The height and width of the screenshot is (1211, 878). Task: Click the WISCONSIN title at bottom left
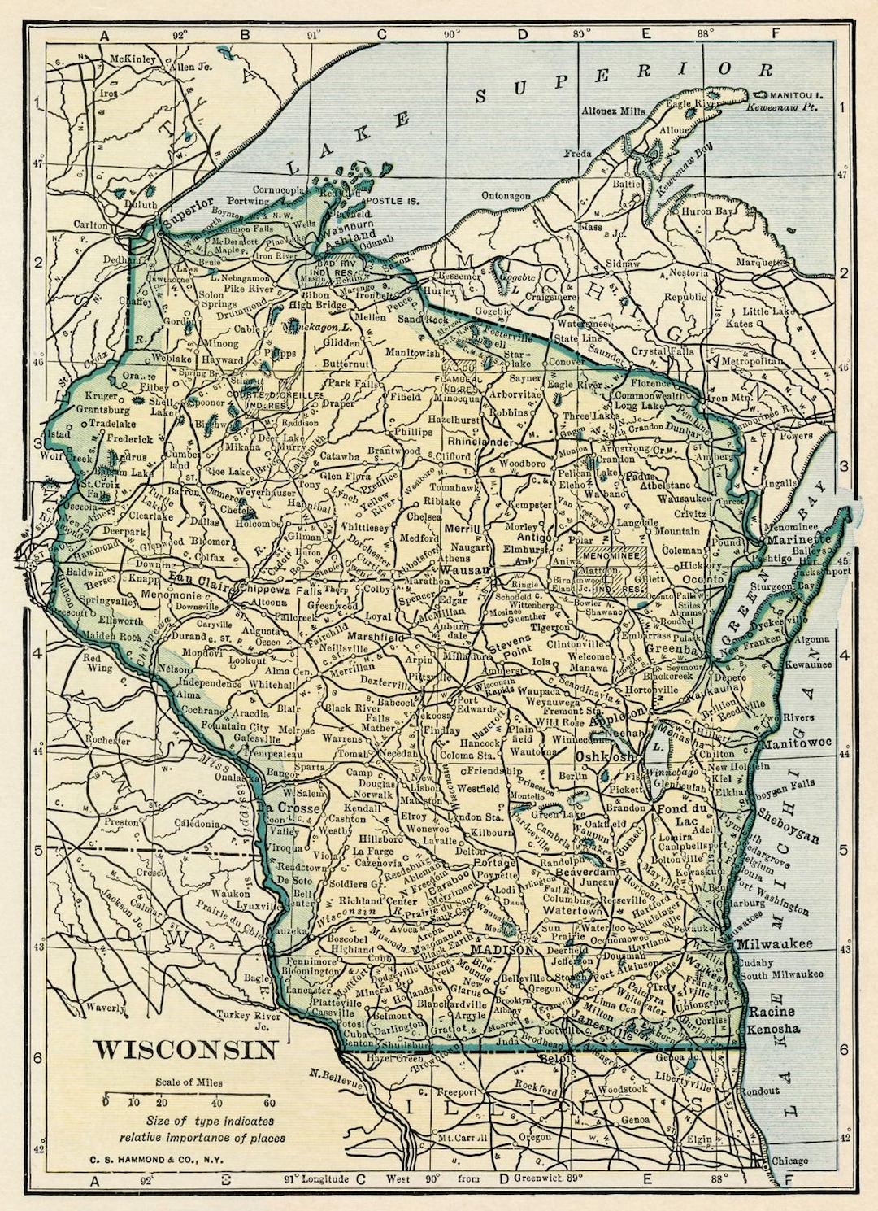185,1049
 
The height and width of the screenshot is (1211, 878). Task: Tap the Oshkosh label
603,756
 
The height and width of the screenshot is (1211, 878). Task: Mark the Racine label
772,1012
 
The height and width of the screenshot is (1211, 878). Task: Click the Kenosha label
774,1029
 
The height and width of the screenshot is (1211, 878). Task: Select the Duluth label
140,206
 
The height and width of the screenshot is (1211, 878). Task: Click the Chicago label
789,1161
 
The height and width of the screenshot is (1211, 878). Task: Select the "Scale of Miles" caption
189,1082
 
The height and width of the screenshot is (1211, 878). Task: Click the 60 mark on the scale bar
269,1103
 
